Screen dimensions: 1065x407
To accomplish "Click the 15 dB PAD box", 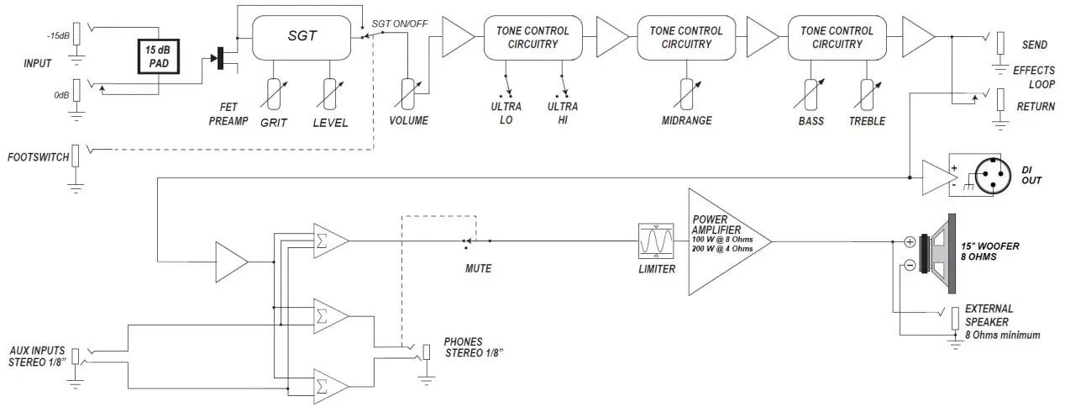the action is click(x=159, y=56).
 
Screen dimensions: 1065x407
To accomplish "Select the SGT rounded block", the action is click(x=302, y=38).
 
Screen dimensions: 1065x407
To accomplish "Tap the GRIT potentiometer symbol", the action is click(x=274, y=94).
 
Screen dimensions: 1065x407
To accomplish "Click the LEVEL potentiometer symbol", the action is click(x=330, y=94).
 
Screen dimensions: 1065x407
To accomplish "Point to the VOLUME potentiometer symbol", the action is click(x=408, y=93).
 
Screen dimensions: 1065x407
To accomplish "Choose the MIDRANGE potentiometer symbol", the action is click(x=686, y=93).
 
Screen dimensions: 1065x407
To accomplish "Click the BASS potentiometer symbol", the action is click(x=811, y=94).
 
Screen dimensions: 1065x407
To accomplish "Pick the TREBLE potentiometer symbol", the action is click(x=868, y=94).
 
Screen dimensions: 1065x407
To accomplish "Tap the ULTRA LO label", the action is click(x=506, y=114).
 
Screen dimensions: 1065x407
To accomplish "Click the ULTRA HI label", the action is click(x=563, y=114).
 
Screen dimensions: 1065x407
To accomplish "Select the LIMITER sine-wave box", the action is click(x=656, y=240).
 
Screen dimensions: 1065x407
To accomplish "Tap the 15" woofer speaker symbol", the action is click(x=938, y=254).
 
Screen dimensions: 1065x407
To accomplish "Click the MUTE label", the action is click(x=478, y=268).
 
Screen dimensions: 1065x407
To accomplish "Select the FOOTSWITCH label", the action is click(x=39, y=157).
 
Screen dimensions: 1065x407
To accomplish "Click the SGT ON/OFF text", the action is click(x=400, y=24).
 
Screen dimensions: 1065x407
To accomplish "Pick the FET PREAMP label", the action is click(x=228, y=114).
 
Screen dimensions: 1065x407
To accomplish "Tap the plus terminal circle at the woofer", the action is click(x=910, y=242).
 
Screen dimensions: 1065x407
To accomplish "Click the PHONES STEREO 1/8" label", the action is click(x=473, y=347).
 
